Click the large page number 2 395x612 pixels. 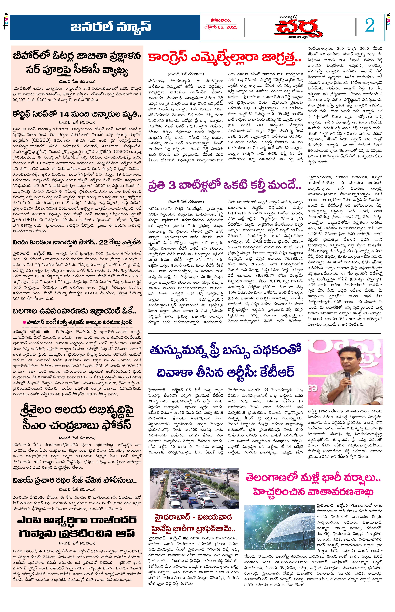tap(370, 26)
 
